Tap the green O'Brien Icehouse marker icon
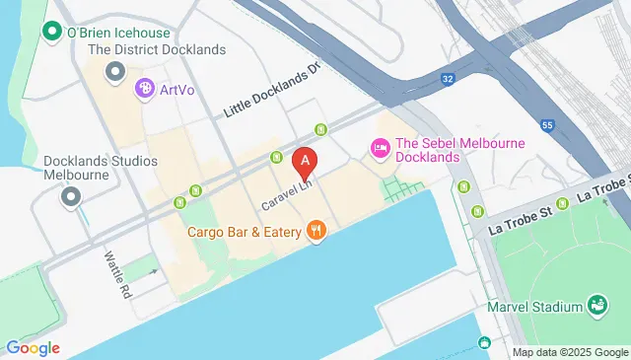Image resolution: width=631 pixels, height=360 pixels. pyautogui.click(x=51, y=32)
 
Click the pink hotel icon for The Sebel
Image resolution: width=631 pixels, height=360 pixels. pyautogui.click(x=378, y=148)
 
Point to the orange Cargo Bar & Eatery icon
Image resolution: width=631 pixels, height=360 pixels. pyautogui.click(x=315, y=233)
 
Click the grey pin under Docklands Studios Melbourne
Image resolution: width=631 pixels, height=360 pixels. pyautogui.click(x=70, y=197)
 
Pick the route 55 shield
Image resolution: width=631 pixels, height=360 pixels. pyautogui.click(x=547, y=125)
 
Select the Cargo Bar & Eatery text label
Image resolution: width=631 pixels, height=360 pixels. pyautogui.click(x=245, y=233)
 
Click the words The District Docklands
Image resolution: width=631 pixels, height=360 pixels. pyautogui.click(x=157, y=49)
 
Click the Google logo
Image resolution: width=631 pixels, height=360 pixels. pyautogui.click(x=33, y=347)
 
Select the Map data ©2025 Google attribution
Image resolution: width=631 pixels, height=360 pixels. pyautogui.click(x=570, y=352)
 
